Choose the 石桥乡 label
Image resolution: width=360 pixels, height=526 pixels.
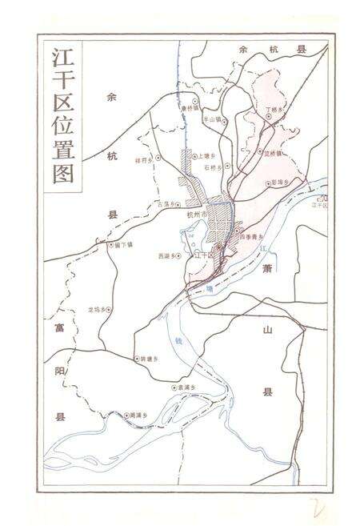click(x=211, y=167)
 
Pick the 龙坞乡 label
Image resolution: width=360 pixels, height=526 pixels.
click(x=96, y=309)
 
